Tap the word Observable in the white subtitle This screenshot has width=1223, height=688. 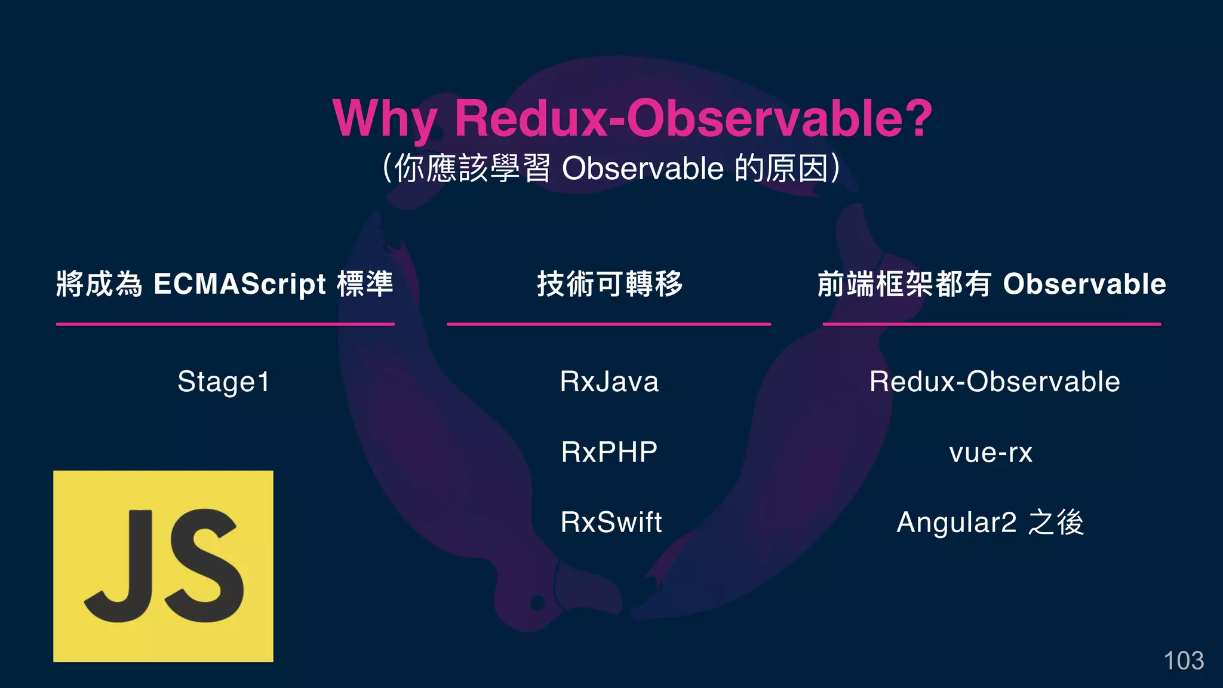point(643,168)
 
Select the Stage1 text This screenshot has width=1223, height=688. point(224,382)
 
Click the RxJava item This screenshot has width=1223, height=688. point(609,382)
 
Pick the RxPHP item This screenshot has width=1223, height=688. point(609,452)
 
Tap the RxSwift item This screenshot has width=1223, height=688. point(611,522)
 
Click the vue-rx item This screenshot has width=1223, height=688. point(991,452)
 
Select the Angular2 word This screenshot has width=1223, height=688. point(956,523)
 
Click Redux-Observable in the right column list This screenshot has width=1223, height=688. point(994,382)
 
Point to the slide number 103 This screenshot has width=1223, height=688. point(1184,661)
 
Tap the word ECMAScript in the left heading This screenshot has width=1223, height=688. point(239,284)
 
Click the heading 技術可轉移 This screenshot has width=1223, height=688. point(609,284)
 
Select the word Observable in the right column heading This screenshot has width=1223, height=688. point(1084,284)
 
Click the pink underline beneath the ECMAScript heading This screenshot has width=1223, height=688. point(225,324)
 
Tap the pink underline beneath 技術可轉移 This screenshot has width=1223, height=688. point(609,324)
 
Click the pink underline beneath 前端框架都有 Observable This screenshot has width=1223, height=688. point(991,324)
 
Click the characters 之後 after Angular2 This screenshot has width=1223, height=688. point(1056,523)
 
